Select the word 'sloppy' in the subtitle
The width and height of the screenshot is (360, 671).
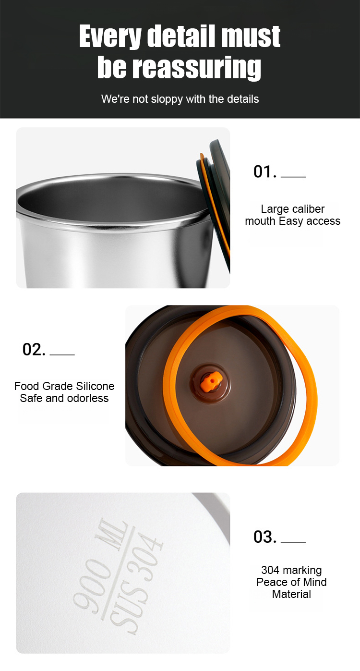coord(167,99)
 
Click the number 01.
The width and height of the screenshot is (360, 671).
coord(265,171)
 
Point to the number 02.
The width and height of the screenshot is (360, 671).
coord(34,349)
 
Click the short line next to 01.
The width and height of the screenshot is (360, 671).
coord(293,177)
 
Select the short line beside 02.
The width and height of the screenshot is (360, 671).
coord(62,354)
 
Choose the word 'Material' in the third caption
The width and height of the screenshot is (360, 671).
coord(291,594)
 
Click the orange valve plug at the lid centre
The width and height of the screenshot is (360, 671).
coord(212,382)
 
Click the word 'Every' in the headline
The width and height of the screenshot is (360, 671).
coord(110,37)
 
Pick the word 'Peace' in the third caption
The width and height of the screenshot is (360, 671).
coord(269,582)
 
